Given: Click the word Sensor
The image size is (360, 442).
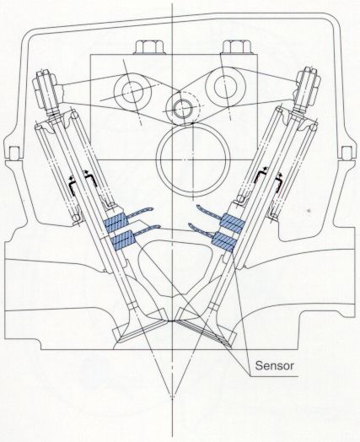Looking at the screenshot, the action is point(274,365).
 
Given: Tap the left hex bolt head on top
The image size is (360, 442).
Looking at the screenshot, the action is point(148,47).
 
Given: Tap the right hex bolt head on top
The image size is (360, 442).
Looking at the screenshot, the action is point(237,47).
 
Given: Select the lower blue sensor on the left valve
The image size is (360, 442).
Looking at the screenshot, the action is point(123,240).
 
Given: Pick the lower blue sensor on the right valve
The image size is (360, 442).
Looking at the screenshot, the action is point(224,241).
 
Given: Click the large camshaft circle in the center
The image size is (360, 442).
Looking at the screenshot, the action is point(193,160).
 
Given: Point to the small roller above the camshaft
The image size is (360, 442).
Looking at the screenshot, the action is point(183,109).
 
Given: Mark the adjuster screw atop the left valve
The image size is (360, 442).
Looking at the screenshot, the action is point(47,90).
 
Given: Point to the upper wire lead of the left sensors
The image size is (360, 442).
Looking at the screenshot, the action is point(140,213).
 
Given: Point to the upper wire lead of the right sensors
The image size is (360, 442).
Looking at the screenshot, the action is point(210,212).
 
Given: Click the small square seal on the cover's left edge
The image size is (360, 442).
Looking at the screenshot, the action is point(13,153).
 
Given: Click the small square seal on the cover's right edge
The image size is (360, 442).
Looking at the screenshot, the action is point(346,153).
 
